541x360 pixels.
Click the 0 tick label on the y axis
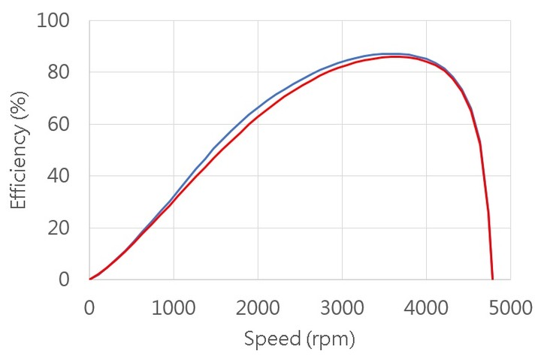65,280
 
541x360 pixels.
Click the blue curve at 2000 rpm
258,107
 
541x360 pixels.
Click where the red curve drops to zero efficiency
492,279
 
